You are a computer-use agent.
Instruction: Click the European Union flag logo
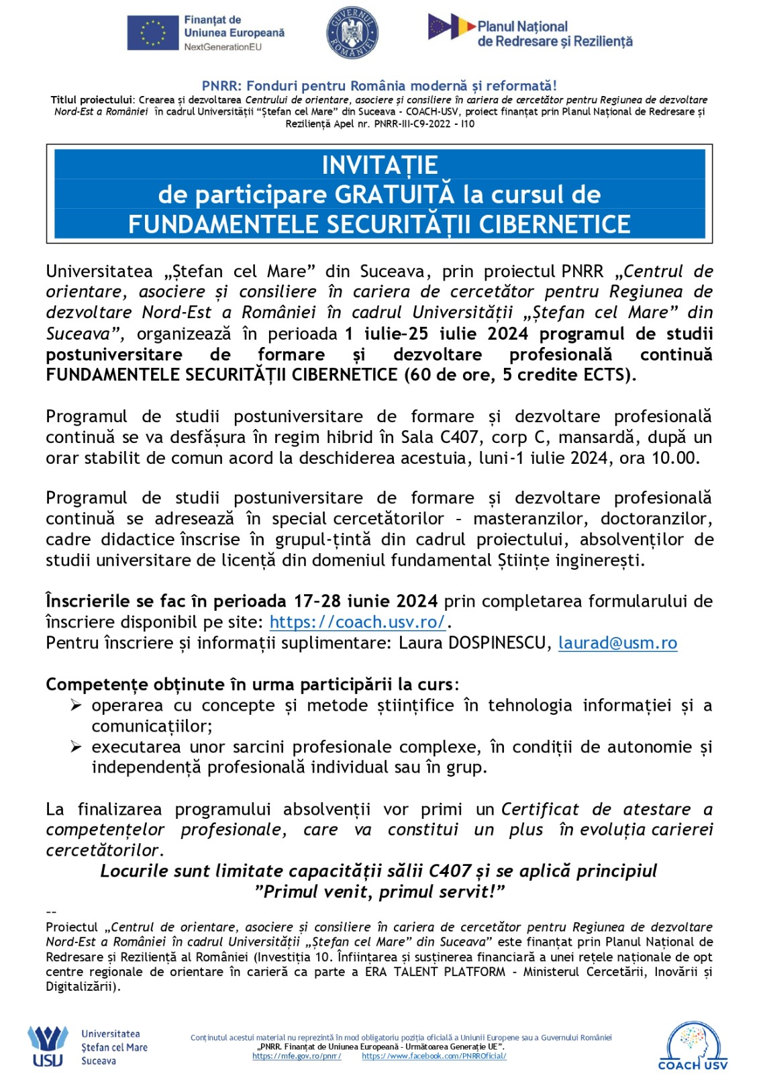(153, 32)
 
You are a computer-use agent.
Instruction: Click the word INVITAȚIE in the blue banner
(380, 165)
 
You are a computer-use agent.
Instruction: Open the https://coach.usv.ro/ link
(358, 622)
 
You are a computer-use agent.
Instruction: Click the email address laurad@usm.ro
(617, 643)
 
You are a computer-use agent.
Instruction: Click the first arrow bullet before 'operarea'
(77, 705)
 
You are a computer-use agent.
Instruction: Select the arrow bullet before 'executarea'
(77, 747)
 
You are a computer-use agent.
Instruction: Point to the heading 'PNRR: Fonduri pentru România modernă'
(379, 86)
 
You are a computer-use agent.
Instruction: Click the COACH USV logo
(693, 1046)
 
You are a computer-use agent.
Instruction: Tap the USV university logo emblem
(48, 1046)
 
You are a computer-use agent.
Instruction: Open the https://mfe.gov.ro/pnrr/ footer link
(297, 1056)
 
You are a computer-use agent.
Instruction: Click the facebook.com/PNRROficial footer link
(434, 1056)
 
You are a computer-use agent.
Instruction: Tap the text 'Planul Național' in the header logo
(522, 27)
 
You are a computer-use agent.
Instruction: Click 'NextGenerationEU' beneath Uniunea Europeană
(223, 47)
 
